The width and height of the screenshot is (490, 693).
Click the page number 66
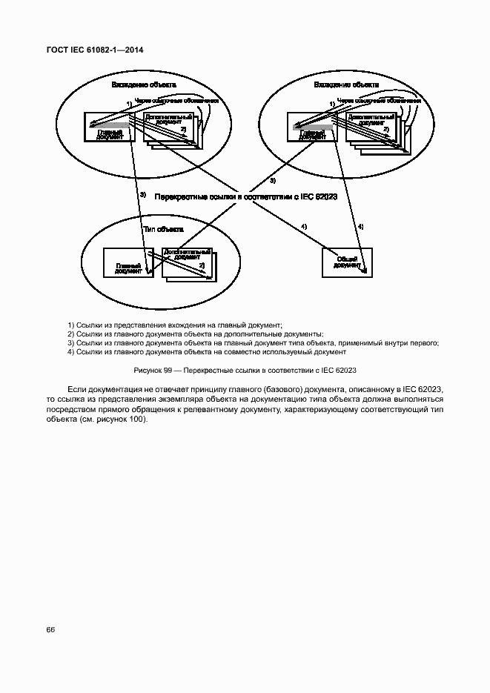[x=50, y=629]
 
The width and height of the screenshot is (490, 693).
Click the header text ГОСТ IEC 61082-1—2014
[x=94, y=50]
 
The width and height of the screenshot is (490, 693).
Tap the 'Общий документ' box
[x=347, y=262]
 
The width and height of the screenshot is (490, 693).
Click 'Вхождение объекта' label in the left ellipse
[x=143, y=85]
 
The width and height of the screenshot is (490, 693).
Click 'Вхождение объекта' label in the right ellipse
[x=346, y=85]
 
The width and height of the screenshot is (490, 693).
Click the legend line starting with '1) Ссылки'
[x=175, y=325]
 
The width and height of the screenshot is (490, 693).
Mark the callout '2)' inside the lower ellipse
[x=201, y=265]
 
